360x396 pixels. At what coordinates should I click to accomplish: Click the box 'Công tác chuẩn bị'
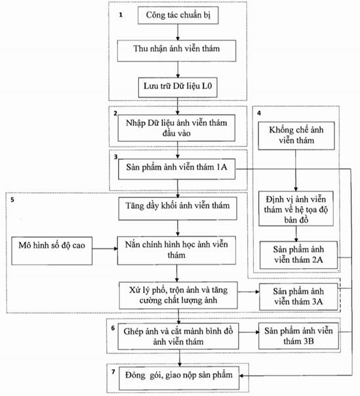pyautogui.click(x=178, y=15)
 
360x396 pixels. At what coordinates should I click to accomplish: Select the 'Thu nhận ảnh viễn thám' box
pyautogui.click(x=176, y=50)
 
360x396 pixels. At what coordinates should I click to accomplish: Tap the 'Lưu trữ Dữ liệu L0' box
pyautogui.click(x=178, y=87)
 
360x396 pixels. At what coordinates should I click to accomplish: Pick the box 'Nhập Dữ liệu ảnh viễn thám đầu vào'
pyautogui.click(x=176, y=128)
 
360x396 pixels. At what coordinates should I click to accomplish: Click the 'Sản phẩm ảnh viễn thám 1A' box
pyautogui.click(x=176, y=169)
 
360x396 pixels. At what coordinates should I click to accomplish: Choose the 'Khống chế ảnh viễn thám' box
pyautogui.click(x=296, y=136)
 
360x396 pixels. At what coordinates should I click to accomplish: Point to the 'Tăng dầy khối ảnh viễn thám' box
pyautogui.click(x=178, y=208)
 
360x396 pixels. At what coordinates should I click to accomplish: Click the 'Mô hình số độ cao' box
pyautogui.click(x=52, y=251)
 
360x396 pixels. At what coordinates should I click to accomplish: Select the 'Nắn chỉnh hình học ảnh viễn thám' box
pyautogui.click(x=176, y=250)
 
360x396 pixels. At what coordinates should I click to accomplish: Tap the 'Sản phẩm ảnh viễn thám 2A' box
pyautogui.click(x=298, y=255)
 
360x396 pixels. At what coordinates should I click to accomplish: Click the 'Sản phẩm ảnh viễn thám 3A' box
pyautogui.click(x=298, y=297)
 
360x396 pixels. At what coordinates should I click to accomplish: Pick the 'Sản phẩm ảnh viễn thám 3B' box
pyautogui.click(x=298, y=336)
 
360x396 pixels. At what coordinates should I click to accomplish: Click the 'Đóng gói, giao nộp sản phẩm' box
pyautogui.click(x=179, y=378)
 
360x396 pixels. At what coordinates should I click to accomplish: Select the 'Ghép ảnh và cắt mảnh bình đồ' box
pyautogui.click(x=178, y=336)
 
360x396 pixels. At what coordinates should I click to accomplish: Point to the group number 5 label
pyautogui.click(x=12, y=200)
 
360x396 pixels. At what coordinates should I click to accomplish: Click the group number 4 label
pyautogui.click(x=259, y=113)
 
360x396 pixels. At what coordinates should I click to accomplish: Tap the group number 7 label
pyautogui.click(x=113, y=372)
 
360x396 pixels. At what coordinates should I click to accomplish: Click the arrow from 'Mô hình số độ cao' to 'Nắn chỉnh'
pyautogui.click(x=105, y=248)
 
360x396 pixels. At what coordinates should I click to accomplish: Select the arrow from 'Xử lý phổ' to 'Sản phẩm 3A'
pyautogui.click(x=249, y=292)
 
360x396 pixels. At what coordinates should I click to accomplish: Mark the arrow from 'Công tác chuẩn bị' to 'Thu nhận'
pyautogui.click(x=178, y=32)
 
